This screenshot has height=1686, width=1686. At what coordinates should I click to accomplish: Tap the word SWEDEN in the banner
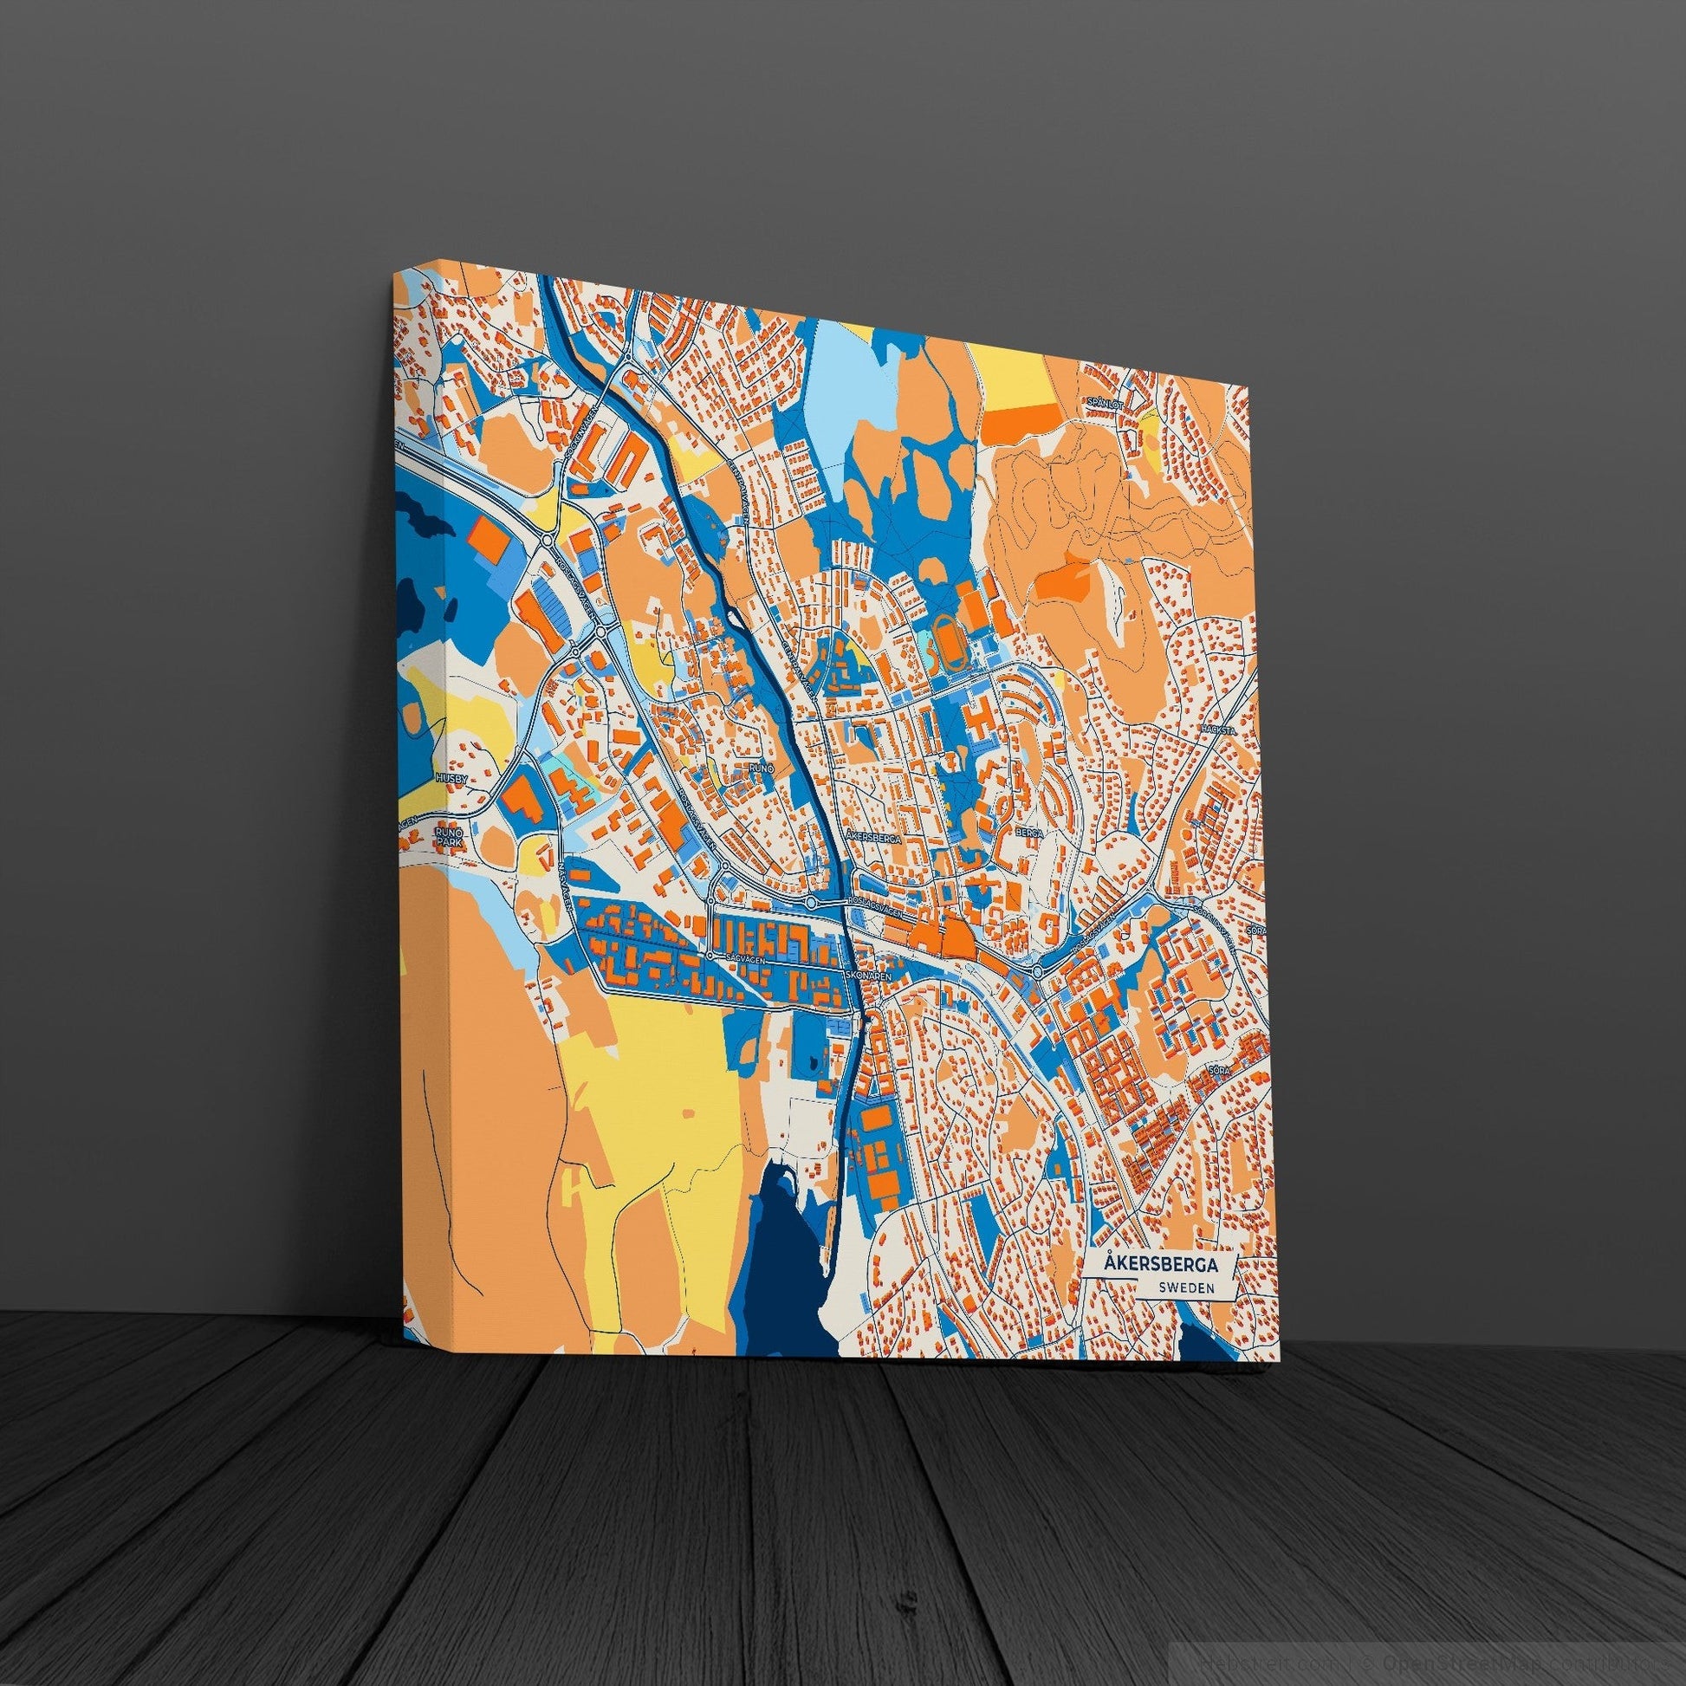pos(1187,1288)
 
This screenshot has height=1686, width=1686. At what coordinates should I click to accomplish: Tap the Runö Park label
pos(448,839)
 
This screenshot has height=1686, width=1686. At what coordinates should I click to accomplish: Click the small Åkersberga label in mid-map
pos(872,837)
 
